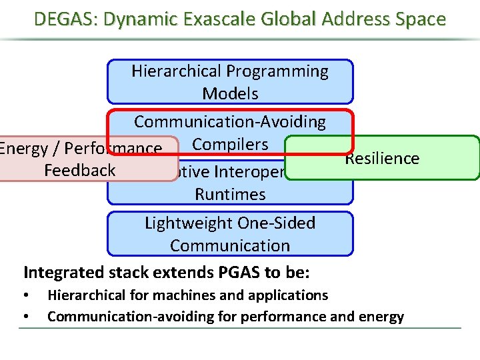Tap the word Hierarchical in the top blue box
pos(177,71)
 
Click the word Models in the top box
pos(230,94)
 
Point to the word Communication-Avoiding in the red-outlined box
pos(230,122)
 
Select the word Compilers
pos(230,145)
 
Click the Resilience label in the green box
pos(382,159)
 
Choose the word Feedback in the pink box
pos(79,171)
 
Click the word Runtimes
pos(230,195)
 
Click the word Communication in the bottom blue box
pos(230,245)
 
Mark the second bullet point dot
pos(25,317)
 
